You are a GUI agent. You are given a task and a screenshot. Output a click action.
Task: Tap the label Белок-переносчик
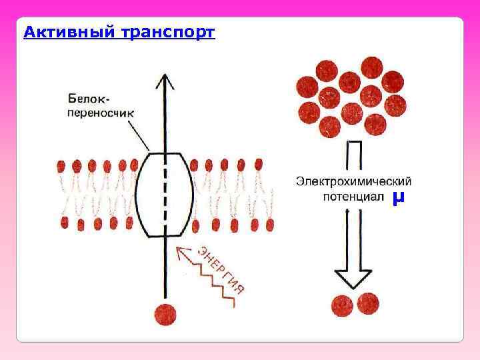point(101,105)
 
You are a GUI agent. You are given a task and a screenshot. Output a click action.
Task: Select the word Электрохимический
point(353,181)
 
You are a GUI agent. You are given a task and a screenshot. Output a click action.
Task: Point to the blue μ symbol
point(399,197)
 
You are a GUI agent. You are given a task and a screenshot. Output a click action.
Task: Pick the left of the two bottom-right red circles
point(344,305)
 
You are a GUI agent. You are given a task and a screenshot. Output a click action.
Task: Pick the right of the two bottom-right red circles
point(367,304)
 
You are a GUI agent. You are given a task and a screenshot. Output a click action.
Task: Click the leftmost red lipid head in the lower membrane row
point(65,222)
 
